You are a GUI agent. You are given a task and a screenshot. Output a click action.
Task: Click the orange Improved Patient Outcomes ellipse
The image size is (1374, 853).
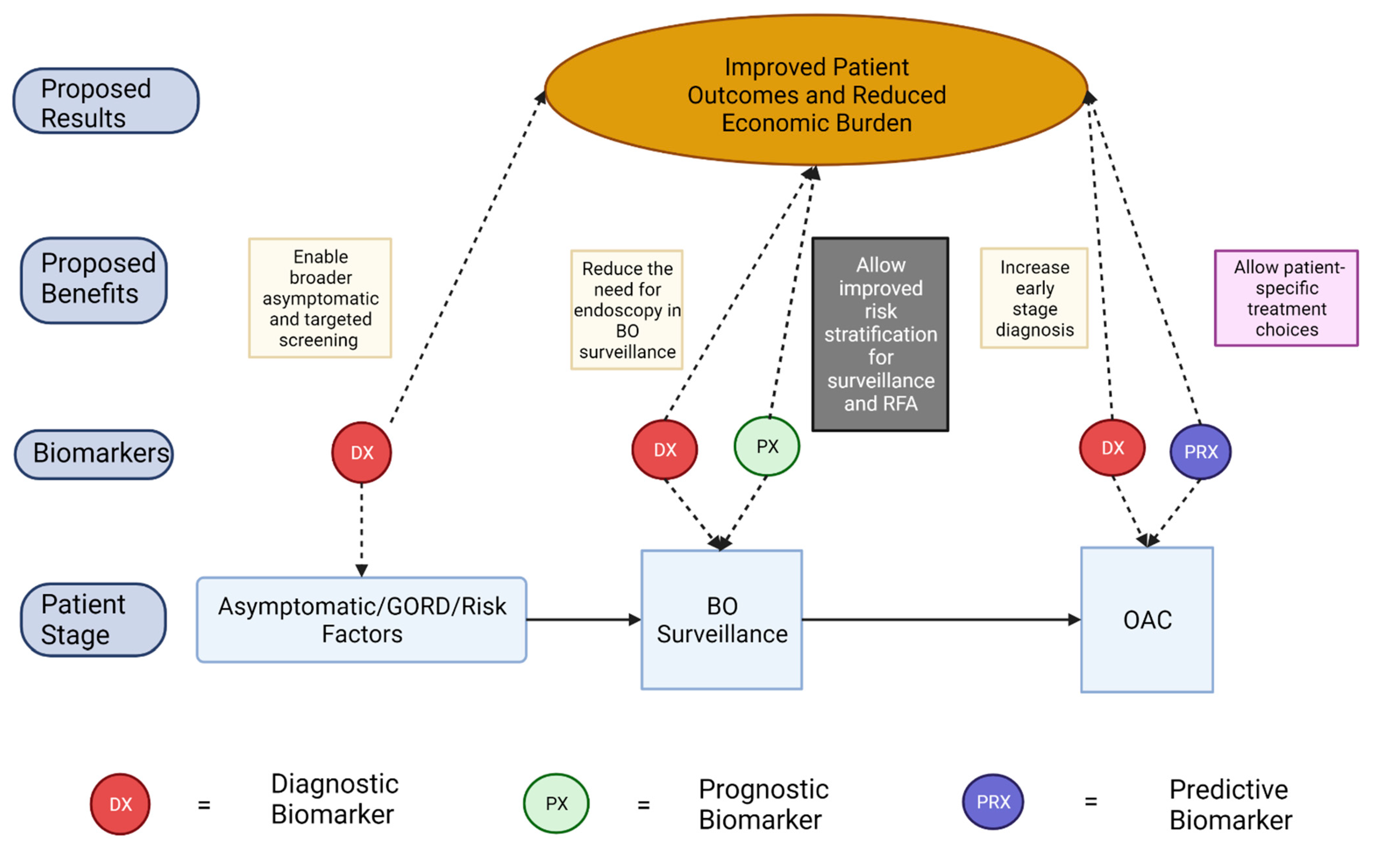point(816,90)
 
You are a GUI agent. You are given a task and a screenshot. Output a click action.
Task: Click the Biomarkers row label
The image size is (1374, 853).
point(94,454)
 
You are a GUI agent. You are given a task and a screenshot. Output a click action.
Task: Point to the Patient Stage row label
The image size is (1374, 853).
point(93,619)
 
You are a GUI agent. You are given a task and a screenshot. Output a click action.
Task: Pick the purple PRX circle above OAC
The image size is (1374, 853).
point(1200,452)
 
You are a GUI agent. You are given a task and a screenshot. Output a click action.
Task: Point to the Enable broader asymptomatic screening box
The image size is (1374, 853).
point(320,298)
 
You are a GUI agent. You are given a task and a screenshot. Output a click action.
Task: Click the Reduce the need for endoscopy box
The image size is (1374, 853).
point(626,310)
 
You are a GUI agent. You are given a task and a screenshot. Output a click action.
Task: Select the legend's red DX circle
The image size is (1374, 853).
point(120,804)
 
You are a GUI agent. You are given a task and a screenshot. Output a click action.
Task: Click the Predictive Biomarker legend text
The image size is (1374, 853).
point(1230,804)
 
